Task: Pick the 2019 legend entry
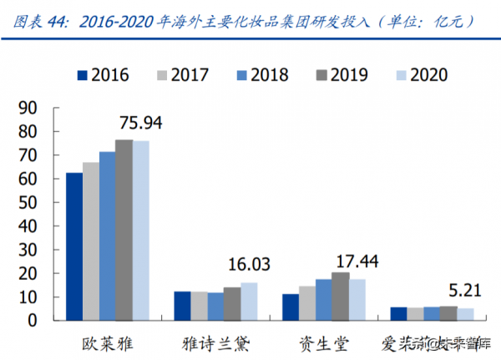343,75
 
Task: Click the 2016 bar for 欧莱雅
74,246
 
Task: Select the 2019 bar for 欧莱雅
123,230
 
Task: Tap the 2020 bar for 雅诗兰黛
249,302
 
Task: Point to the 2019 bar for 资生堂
340,297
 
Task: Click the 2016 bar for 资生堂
291,307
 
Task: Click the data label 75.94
140,123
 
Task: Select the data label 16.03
249,265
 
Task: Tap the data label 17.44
357,261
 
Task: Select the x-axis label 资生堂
322,342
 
